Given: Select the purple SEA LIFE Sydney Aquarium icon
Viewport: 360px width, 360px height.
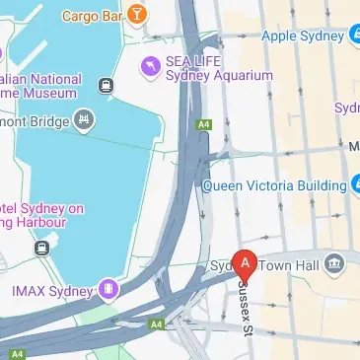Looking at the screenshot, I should tap(151, 65).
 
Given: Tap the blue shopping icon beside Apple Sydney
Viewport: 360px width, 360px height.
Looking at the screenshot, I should tap(354, 36).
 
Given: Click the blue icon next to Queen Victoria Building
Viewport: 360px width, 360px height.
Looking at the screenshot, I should tap(354, 183).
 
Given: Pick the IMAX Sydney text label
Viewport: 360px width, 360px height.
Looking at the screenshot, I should tap(50, 290).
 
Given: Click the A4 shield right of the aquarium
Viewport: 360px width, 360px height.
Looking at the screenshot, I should tap(205, 124).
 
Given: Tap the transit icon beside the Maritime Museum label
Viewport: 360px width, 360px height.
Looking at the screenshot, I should tap(106, 86).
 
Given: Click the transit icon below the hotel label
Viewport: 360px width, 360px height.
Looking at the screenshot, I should tap(42, 249).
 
